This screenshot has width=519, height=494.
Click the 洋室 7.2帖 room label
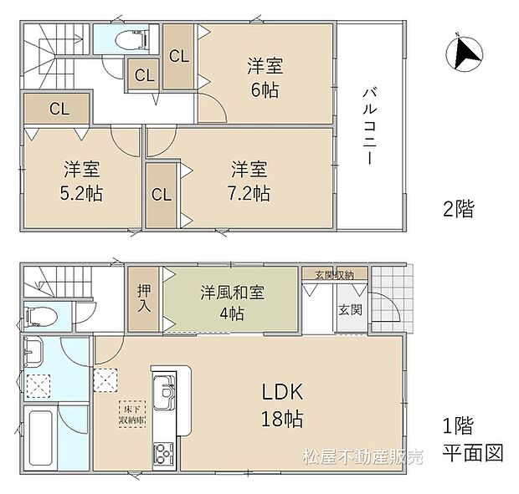click(250, 181)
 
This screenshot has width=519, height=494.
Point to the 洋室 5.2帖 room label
click(82, 181)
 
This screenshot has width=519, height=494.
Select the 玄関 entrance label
click(350, 309)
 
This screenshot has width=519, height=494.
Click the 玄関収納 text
click(334, 274)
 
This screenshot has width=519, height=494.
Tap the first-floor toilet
click(42, 317)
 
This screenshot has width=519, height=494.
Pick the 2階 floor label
click(458, 208)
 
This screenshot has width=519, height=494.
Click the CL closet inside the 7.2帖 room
click(161, 195)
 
